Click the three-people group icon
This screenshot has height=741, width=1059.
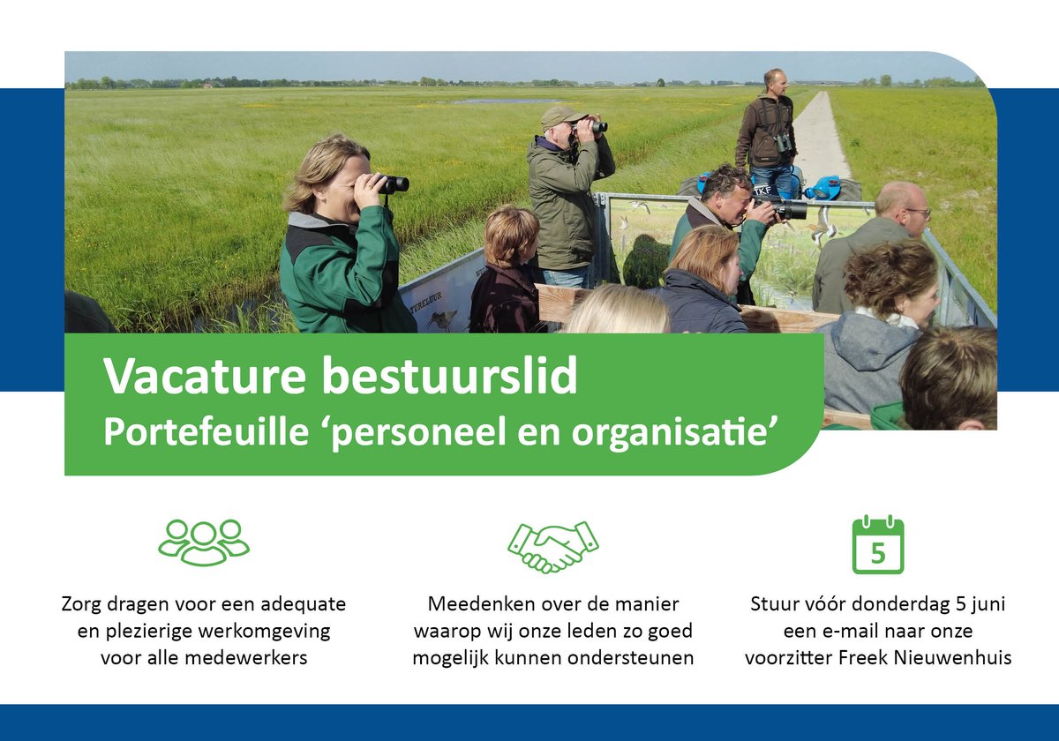(x=204, y=542)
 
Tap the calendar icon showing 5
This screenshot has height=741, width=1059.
(x=877, y=546)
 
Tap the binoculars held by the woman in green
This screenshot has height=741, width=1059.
(x=393, y=183)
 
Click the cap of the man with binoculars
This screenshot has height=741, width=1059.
(x=561, y=115)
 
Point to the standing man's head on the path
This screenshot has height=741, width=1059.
(x=774, y=82)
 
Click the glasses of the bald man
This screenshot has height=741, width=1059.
(x=919, y=213)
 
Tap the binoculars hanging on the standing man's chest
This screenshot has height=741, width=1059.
(x=782, y=142)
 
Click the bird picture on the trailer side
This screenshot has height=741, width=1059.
(x=441, y=319)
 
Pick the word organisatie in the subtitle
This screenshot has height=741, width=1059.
(x=685, y=431)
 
